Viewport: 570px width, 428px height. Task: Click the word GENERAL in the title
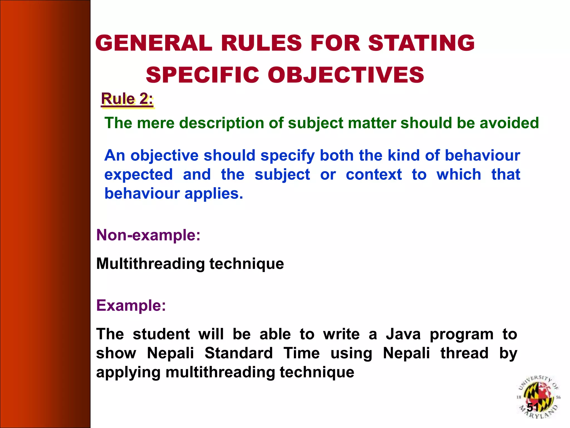(154, 43)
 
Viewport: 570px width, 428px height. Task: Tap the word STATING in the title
(421, 43)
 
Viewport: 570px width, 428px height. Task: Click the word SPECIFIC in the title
(202, 75)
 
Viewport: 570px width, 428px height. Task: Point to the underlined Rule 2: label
(127, 99)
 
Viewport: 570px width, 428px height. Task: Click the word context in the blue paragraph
(374, 175)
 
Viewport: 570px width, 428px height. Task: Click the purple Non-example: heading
(148, 235)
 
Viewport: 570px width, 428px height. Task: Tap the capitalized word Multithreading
(150, 264)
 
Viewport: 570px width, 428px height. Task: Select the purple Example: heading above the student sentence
(131, 305)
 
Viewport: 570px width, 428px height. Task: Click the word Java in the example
(403, 334)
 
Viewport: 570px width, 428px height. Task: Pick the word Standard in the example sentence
(239, 353)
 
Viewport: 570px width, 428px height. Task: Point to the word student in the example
(161, 334)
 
